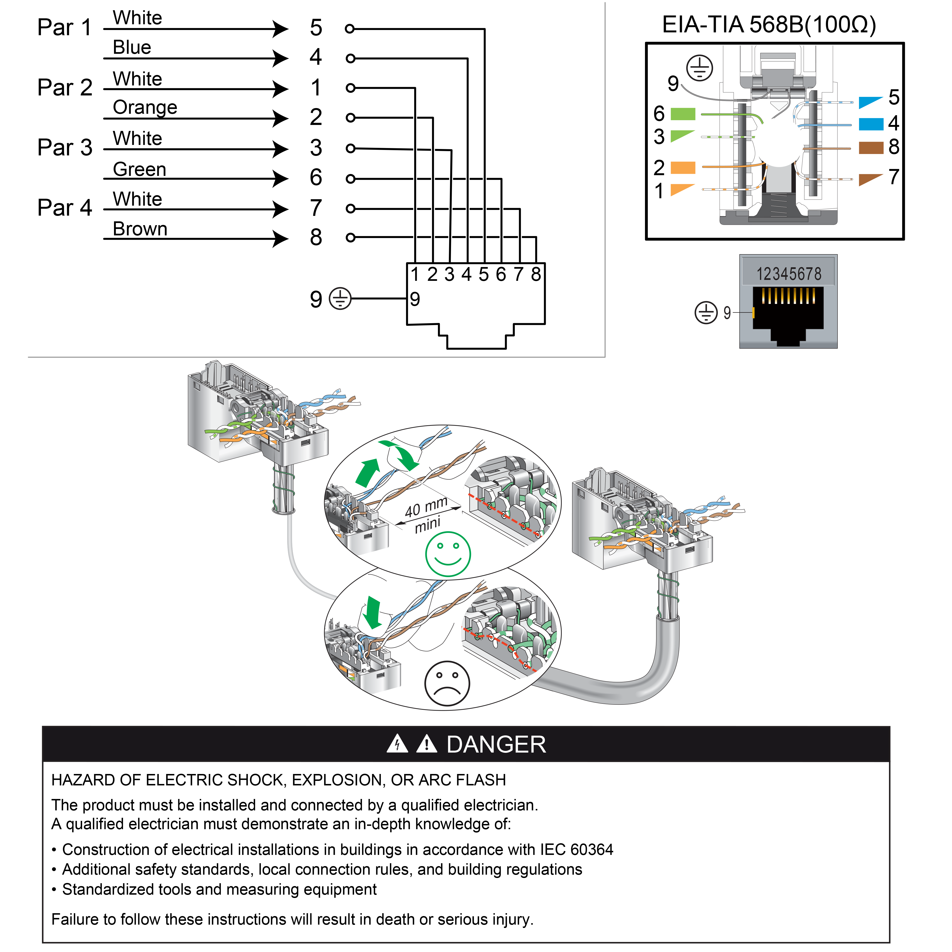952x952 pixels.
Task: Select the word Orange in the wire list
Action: pos(145,107)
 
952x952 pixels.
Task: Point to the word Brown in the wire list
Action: pos(140,229)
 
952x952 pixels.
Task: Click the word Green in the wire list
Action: pos(139,169)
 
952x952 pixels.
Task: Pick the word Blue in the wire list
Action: pos(132,47)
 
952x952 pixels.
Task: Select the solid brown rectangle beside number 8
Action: pos(871,148)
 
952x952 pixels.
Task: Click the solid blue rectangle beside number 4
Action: pos(871,124)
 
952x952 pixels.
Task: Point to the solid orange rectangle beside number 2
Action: pos(683,168)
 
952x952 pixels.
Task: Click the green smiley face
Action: pos(448,554)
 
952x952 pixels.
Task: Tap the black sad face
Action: pos(447,684)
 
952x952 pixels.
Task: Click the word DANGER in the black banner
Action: pos(496,744)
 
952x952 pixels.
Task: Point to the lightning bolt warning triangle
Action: pos(397,744)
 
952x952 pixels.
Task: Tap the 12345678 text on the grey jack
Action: pos(789,274)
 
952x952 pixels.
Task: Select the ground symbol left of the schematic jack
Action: pos(340,299)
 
